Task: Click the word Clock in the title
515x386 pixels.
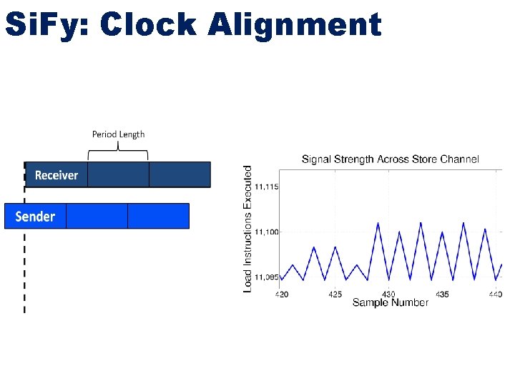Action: pyautogui.click(x=149, y=25)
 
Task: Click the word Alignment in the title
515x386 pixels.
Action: pyautogui.click(x=295, y=25)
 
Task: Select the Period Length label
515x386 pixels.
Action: pyautogui.click(x=118, y=134)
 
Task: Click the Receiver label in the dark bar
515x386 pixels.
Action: pyautogui.click(x=57, y=175)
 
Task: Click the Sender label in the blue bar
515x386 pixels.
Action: pyautogui.click(x=35, y=216)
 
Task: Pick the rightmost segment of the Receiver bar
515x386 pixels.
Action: pyautogui.click(x=180, y=174)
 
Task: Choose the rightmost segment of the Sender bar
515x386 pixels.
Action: pyautogui.click(x=158, y=216)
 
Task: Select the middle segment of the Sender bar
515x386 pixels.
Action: pyautogui.click(x=97, y=216)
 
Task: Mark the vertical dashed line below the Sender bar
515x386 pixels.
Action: pyautogui.click(x=25, y=272)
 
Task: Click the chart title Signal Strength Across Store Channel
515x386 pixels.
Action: pyautogui.click(x=390, y=159)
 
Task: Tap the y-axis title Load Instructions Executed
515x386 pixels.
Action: pyautogui.click(x=248, y=229)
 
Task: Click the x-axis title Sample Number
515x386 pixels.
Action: pyautogui.click(x=390, y=303)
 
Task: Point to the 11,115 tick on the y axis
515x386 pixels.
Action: pyautogui.click(x=267, y=187)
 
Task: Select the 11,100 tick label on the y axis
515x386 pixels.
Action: pyautogui.click(x=267, y=232)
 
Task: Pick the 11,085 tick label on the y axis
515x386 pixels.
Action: pyautogui.click(x=267, y=277)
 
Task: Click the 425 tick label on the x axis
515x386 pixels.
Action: pyautogui.click(x=335, y=294)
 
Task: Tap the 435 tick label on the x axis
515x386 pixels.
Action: pyautogui.click(x=442, y=294)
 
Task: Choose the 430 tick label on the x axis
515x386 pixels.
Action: pyautogui.click(x=388, y=294)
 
